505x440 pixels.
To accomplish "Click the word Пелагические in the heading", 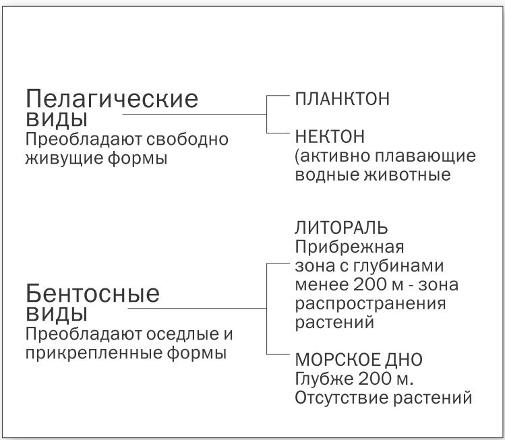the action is pos(112,98).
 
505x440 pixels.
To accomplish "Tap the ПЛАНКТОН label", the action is pos(342,98).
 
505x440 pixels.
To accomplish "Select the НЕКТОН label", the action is pos(330,136).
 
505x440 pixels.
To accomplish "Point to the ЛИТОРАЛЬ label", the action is pos(341,228).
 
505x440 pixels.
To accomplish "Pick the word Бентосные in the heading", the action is pos(93,293).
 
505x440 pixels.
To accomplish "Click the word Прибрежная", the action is pos(349,247).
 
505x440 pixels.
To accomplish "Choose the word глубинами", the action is pos(398,266).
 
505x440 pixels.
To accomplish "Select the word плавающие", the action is pos(425,156).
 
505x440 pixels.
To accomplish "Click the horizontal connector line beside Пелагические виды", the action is pos(195,114).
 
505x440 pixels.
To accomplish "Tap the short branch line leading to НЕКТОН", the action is pos(278,133).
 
